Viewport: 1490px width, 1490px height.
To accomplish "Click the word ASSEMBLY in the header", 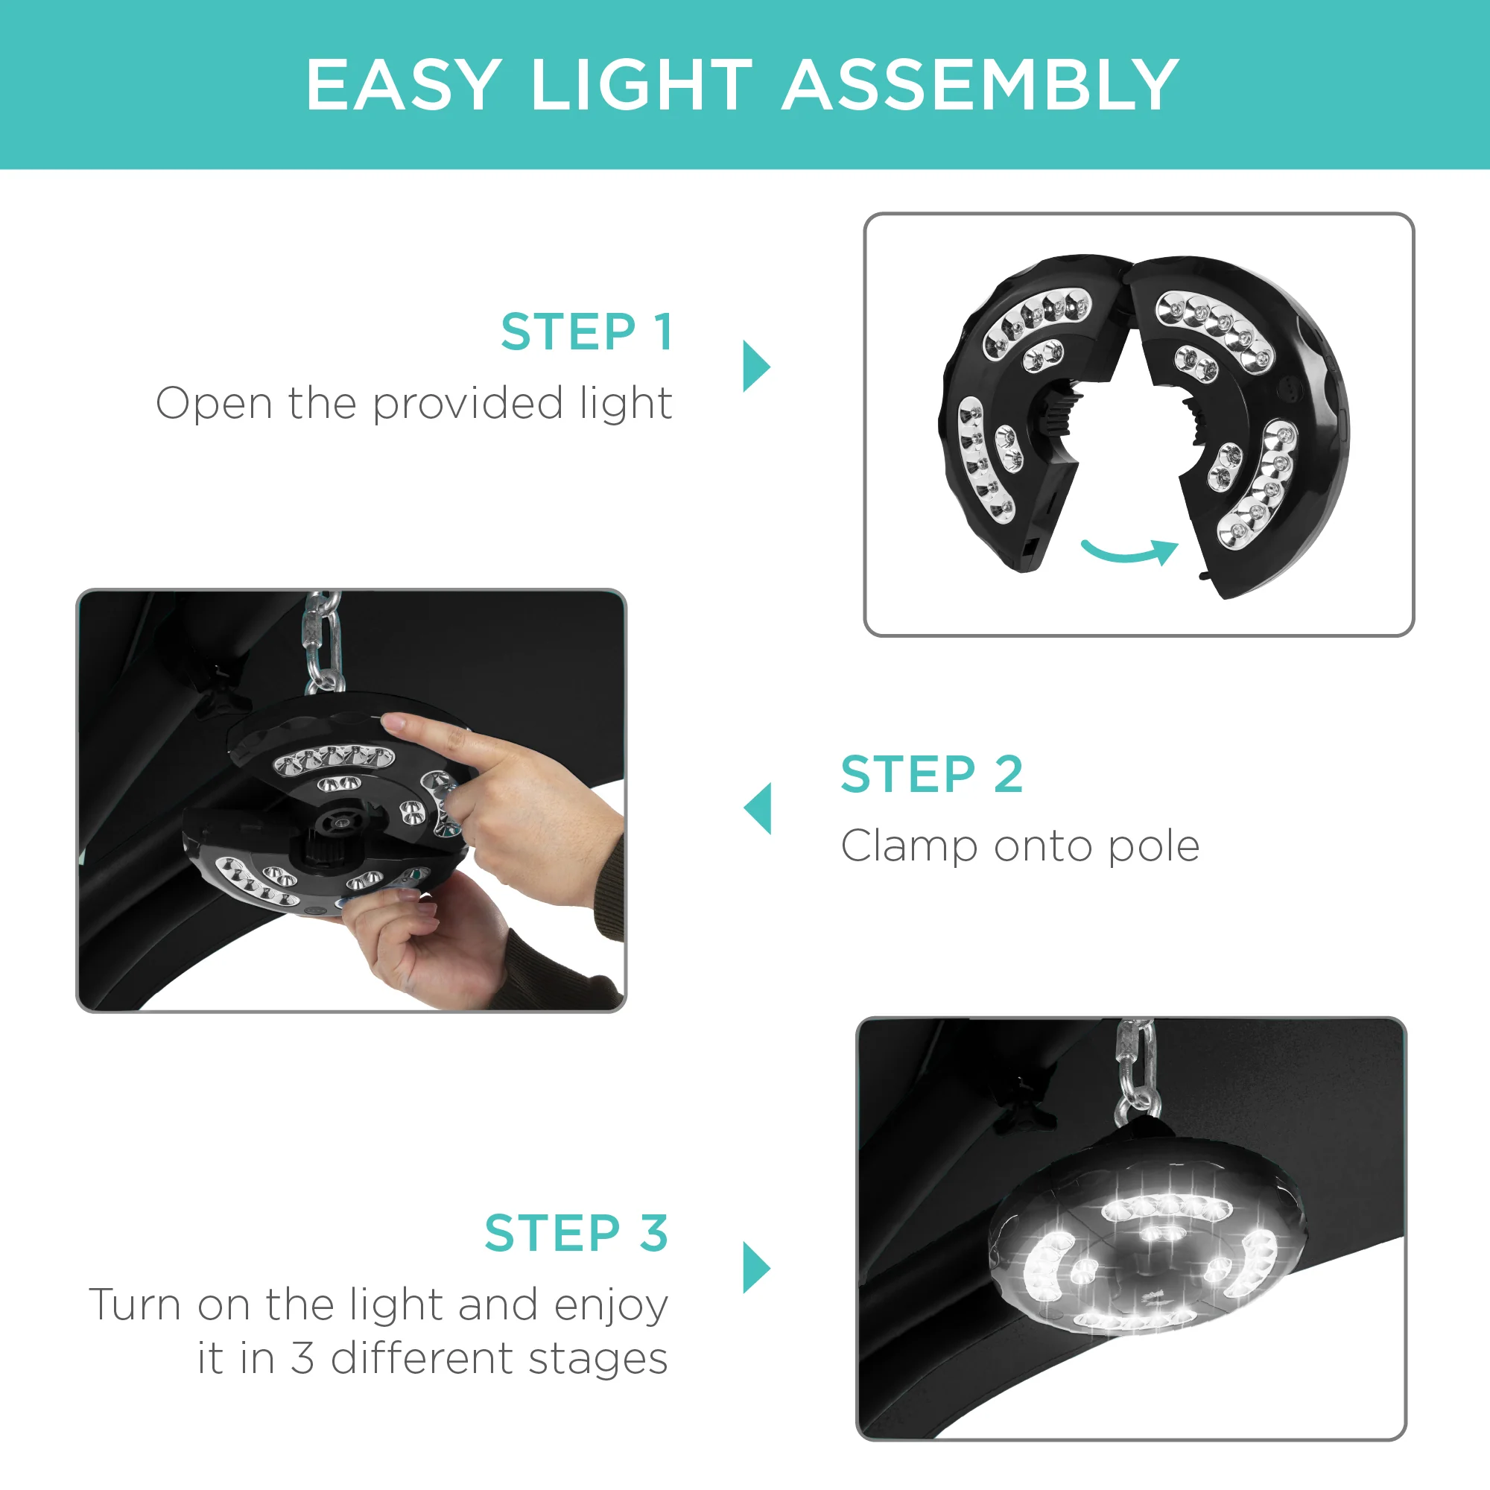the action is point(980,85).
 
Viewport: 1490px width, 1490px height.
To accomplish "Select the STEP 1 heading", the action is point(587,332).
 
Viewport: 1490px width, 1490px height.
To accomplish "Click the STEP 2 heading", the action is point(932,773).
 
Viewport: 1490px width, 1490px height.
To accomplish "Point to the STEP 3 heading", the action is point(576,1232).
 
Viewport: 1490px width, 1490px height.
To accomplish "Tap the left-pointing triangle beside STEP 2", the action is point(757,808).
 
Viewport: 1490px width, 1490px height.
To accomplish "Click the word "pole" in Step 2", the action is point(1154,847).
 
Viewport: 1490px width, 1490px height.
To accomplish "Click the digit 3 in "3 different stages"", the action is point(302,1358).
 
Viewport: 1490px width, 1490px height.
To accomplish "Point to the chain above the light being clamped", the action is point(323,642).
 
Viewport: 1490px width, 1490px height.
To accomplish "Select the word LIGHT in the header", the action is point(641,85).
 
